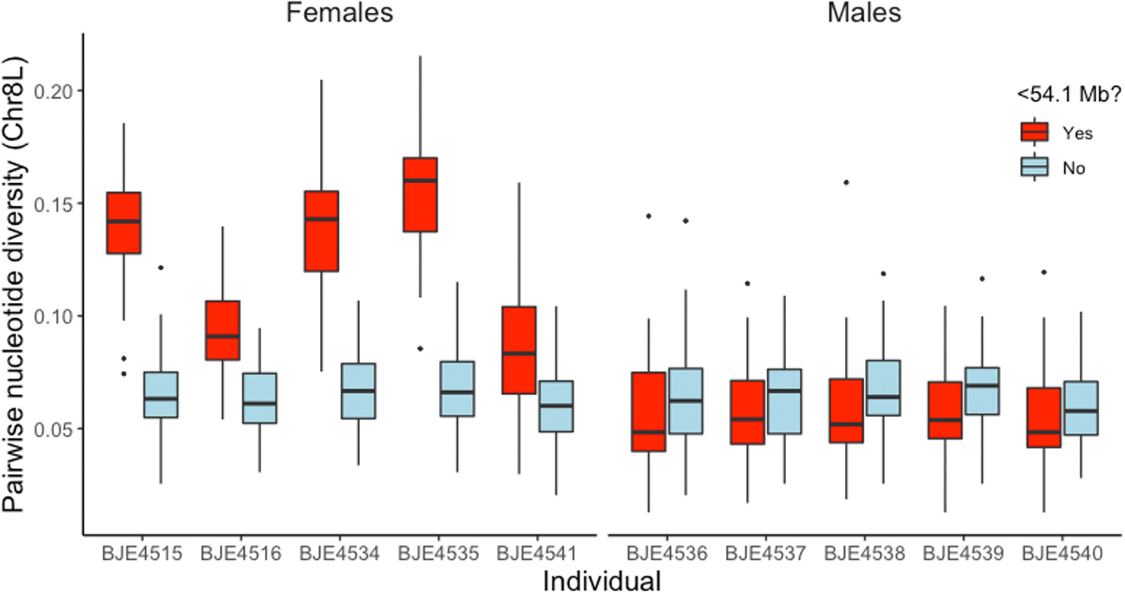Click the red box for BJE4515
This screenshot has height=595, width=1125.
(x=124, y=222)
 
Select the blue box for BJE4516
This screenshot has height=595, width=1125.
(x=259, y=398)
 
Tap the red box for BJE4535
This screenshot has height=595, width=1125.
(x=420, y=194)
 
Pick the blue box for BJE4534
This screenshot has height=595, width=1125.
(x=358, y=391)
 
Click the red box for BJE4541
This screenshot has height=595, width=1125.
(x=519, y=350)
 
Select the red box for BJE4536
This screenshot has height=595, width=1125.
(x=648, y=412)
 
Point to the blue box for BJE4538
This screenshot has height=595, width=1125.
(x=883, y=388)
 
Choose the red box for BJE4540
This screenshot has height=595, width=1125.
(x=1043, y=417)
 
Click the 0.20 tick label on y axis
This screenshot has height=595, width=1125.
(x=54, y=92)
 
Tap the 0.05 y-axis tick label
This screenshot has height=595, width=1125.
(x=54, y=429)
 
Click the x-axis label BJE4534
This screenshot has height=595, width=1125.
(x=339, y=553)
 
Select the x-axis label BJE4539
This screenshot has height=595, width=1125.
(x=963, y=553)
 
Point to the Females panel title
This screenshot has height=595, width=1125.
(x=339, y=13)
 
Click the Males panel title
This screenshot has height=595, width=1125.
(x=864, y=13)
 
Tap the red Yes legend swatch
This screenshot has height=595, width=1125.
(x=1034, y=132)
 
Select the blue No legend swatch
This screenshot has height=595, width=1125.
(x=1034, y=167)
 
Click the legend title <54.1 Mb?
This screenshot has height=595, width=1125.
(x=1069, y=94)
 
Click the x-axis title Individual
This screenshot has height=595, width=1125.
(x=601, y=581)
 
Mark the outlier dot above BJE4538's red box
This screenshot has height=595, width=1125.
(x=846, y=183)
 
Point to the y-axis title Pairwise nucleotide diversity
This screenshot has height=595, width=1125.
(x=15, y=284)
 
